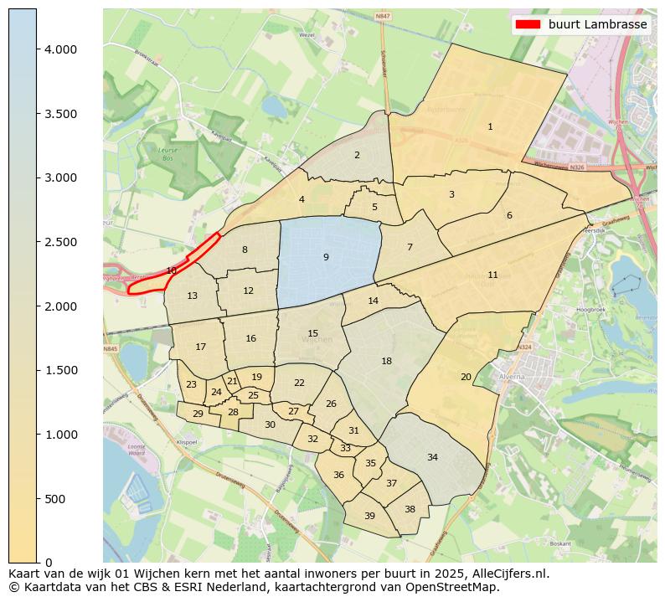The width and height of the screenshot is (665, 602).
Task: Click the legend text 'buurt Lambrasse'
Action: (597, 24)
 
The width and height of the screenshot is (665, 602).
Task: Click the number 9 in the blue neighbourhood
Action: (326, 257)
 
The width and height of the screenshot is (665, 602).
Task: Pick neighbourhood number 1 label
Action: (490, 127)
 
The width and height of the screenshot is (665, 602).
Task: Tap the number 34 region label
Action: (432, 457)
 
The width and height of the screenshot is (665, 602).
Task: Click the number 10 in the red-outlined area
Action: (171, 270)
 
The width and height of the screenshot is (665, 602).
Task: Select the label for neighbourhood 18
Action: (386, 361)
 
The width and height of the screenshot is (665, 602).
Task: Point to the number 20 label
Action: (466, 377)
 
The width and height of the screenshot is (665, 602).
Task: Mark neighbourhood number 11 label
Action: (492, 275)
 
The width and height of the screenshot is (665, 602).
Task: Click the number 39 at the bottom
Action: (369, 516)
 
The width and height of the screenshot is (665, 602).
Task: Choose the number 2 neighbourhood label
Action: (357, 155)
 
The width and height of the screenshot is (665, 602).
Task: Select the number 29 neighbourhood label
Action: (198, 414)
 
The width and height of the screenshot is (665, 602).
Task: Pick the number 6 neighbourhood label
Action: (508, 215)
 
